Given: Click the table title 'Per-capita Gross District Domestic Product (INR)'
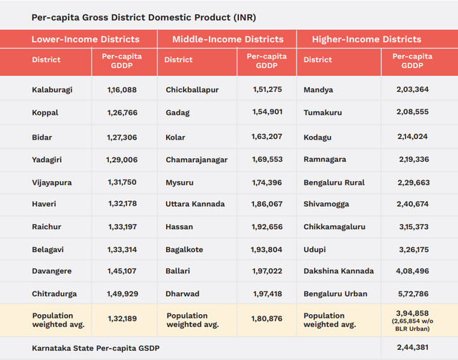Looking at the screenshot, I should point(144,16).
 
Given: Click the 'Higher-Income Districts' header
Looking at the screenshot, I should point(366,39).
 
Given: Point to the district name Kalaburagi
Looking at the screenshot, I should point(52,90).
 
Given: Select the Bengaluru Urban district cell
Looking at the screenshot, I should point(335,293).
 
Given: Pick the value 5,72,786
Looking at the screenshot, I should point(412,293).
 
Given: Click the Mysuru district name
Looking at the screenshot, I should point(180,183).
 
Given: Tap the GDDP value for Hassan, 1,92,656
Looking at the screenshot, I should point(267,227).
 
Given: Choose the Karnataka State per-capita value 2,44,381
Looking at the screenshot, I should point(412,348).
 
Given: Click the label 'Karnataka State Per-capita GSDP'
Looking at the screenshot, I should point(96,348).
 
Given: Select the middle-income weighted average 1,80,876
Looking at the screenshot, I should point(267,320).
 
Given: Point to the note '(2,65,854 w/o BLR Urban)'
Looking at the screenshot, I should point(412,326).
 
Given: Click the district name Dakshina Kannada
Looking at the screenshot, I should point(338,271).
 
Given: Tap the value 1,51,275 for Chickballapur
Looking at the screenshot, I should point(267,90).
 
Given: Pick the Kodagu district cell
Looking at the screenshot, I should point(318,136).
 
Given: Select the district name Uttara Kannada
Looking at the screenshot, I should point(195,204).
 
